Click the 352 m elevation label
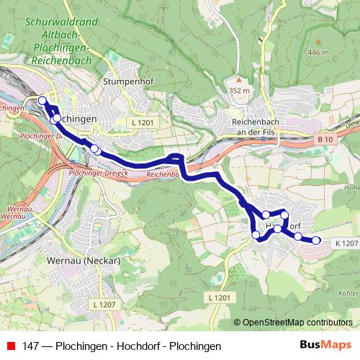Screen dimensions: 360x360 238,91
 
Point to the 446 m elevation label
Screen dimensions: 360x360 317,53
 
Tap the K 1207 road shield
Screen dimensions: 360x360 346,243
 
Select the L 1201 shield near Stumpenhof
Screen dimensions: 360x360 143,123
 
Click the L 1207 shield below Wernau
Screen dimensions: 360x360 104,306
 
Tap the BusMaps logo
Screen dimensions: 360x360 325,346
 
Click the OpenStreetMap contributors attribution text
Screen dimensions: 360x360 297,323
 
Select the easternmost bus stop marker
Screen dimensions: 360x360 315,240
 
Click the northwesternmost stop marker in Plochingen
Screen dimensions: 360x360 42,101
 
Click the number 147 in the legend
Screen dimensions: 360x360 30,346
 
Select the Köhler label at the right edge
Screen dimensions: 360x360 347,293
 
